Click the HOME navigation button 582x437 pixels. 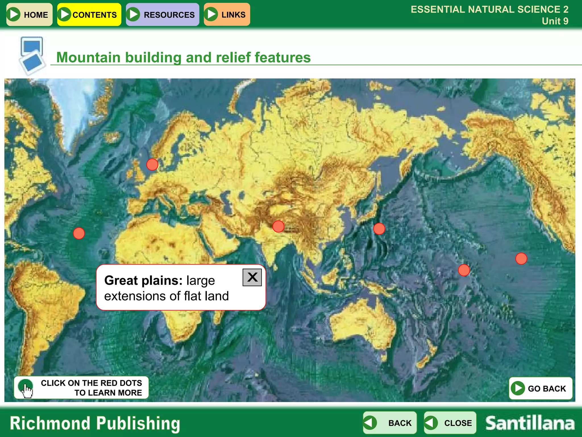click(29, 15)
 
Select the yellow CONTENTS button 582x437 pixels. click(89, 15)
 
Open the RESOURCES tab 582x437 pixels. click(162, 15)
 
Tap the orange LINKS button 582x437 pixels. click(227, 15)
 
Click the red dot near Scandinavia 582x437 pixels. click(152, 164)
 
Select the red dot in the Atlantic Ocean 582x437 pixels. click(79, 233)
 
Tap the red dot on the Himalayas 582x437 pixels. click(278, 226)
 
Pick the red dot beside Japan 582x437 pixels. click(379, 229)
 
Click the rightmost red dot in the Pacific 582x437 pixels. click(521, 259)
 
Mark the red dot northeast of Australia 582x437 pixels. click(464, 270)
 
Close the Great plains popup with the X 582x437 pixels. click(252, 277)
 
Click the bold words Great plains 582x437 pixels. click(143, 281)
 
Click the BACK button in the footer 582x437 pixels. click(390, 423)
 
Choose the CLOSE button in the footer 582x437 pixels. click(450, 423)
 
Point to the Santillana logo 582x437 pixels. click(530, 423)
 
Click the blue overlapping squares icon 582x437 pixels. click(32, 55)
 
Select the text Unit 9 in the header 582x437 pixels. click(555, 21)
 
